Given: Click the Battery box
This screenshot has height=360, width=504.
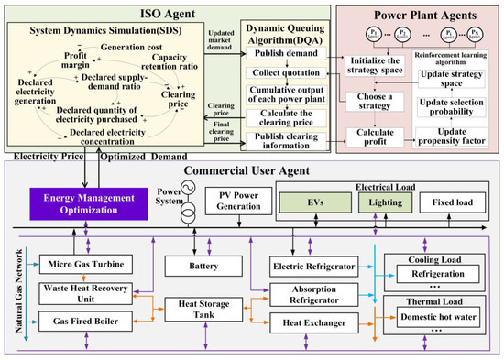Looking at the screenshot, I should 205,266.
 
